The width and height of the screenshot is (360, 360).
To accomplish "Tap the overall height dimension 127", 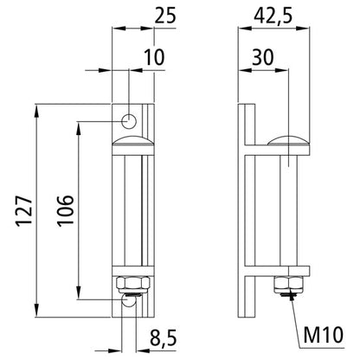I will coord(25,209).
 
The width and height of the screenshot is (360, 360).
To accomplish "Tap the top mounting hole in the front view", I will coord(129,119).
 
